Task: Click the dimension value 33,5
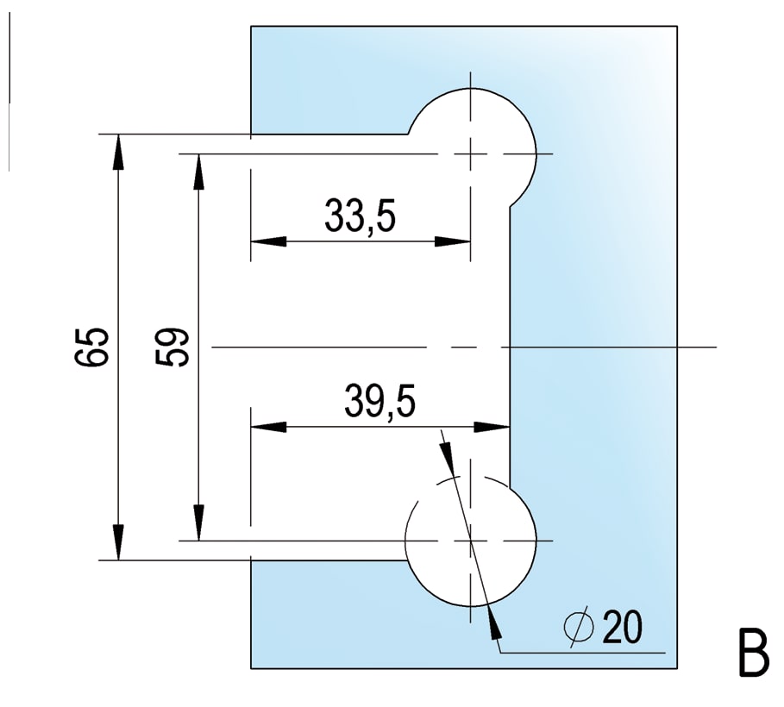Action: [x=360, y=216]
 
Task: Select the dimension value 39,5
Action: [x=380, y=401]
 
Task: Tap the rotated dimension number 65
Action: [x=91, y=347]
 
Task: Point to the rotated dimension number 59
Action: [x=172, y=347]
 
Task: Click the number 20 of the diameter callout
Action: [x=622, y=627]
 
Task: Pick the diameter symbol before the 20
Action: [x=579, y=627]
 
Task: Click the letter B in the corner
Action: [x=754, y=653]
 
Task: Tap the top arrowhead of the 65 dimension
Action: [x=118, y=153]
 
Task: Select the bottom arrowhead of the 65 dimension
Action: [x=118, y=542]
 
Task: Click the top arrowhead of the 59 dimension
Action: [x=199, y=172]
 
